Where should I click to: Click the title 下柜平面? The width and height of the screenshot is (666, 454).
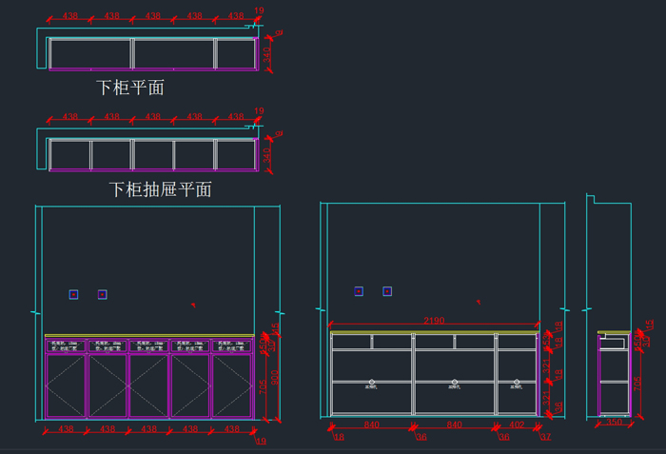click(x=130, y=88)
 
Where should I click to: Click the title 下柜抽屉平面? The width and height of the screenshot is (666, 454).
click(x=160, y=189)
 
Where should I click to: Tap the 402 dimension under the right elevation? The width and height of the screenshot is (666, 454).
click(x=517, y=424)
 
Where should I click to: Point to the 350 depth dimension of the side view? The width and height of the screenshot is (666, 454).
click(x=614, y=423)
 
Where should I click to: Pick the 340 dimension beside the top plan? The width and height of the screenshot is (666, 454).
click(x=268, y=53)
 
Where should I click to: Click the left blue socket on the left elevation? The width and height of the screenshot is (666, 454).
click(x=73, y=295)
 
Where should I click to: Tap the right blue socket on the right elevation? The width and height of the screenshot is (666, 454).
click(x=387, y=291)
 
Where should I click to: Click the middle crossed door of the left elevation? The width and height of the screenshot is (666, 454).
click(x=148, y=385)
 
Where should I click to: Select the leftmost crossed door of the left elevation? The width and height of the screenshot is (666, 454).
click(x=66, y=385)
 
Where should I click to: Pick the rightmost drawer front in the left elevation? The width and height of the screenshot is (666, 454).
click(x=232, y=345)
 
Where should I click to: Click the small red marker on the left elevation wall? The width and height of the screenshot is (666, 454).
click(x=193, y=306)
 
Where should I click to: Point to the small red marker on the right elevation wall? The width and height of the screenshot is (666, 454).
click(x=478, y=302)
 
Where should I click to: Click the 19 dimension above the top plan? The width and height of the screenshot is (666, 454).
click(x=259, y=10)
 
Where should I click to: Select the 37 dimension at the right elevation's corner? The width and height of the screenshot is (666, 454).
click(x=545, y=437)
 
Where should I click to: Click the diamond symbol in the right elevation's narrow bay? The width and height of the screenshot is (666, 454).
click(x=516, y=383)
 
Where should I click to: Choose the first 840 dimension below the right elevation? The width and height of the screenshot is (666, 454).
click(x=372, y=424)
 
